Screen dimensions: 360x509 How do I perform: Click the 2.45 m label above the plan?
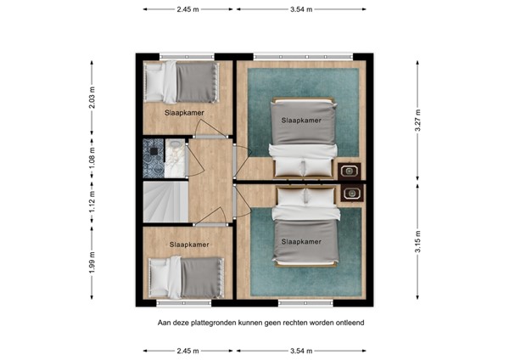[x=188, y=9]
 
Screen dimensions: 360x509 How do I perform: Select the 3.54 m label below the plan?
[x=301, y=351]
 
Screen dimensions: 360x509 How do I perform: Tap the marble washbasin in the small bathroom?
[x=175, y=158]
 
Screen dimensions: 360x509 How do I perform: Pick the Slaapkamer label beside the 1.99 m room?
[x=189, y=245]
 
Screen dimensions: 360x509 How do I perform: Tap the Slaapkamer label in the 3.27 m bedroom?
[x=301, y=121]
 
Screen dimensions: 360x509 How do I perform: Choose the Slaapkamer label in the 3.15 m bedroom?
[x=301, y=242]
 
